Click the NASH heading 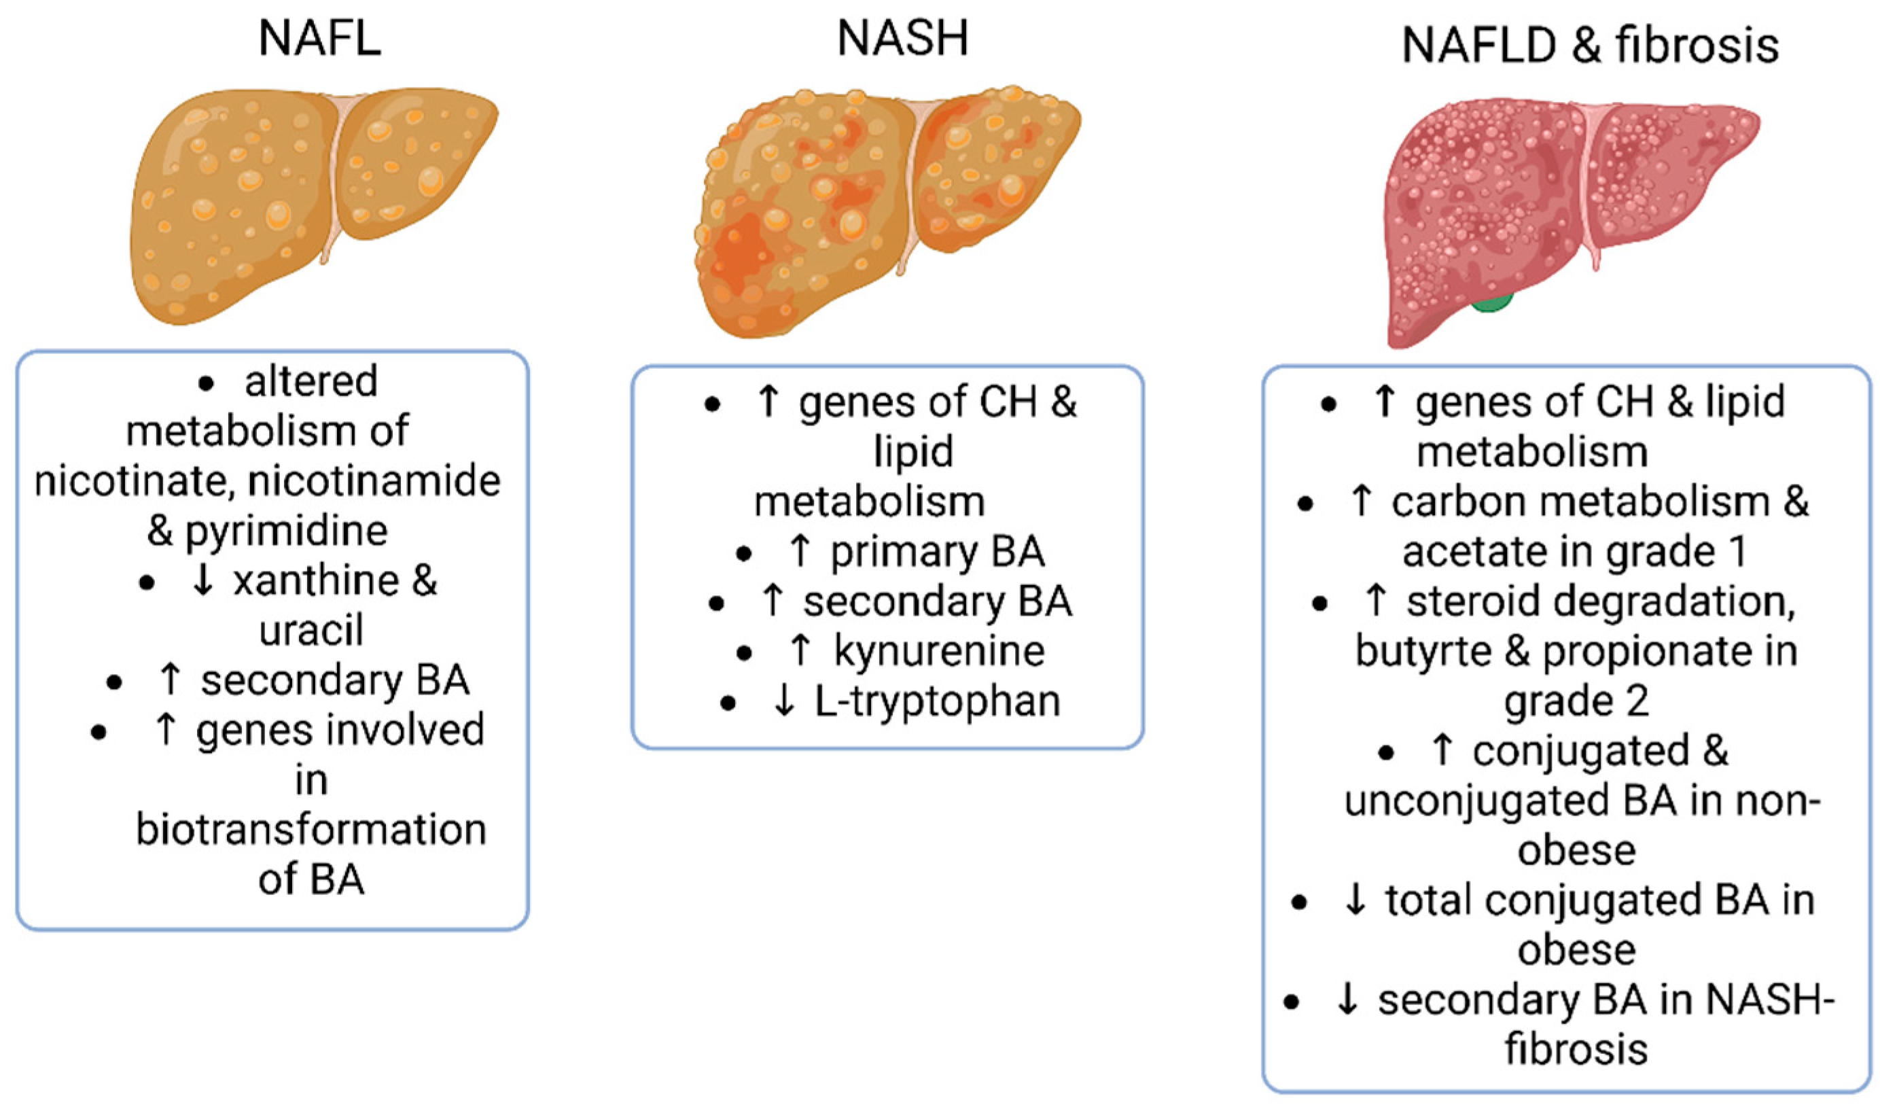(x=903, y=39)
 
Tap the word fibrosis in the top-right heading (x=1697, y=46)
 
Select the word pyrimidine (x=287, y=531)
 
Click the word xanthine (x=317, y=581)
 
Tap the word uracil (x=311, y=631)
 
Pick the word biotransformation (x=311, y=830)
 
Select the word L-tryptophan (x=937, y=702)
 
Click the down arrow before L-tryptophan (x=783, y=701)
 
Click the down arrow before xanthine (x=203, y=581)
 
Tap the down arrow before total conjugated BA (x=1354, y=900)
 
